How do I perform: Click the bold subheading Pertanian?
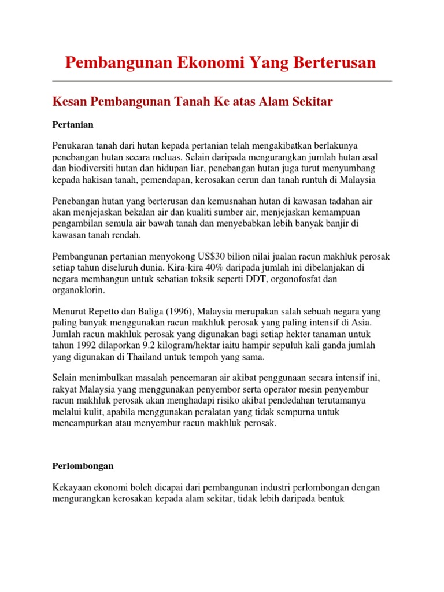(73, 124)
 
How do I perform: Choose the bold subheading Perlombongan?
(83, 465)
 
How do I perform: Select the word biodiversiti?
(91, 169)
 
